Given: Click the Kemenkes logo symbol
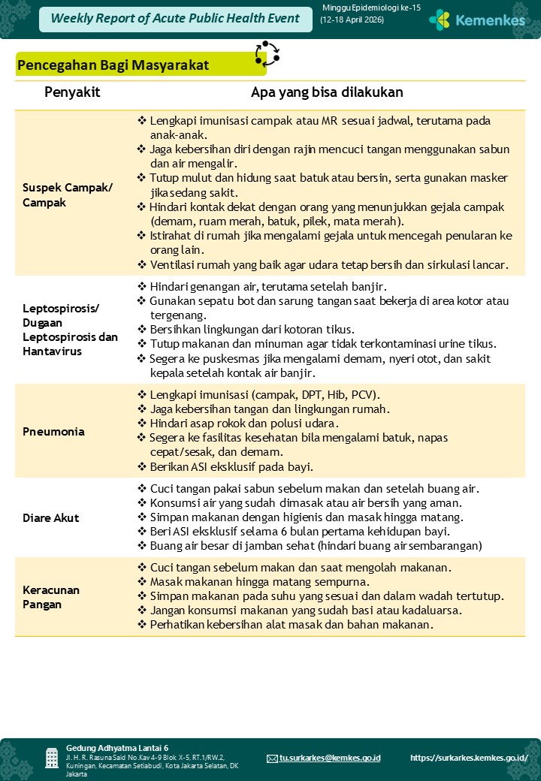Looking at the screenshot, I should coord(440,20).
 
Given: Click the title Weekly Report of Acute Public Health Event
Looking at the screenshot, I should coord(175,19).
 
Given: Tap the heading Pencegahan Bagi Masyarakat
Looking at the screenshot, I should coord(113,65).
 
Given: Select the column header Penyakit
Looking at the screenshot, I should coord(72,92).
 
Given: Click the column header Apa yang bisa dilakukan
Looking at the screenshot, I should coord(327,92).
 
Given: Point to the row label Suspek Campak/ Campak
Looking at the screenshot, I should coord(68,195).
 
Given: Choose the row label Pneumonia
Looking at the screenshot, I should coord(53,432).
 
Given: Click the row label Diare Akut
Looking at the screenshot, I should coord(51,518).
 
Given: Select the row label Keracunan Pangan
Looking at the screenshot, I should coord(51,597).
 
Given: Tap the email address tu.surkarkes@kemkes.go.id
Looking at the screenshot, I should coord(330,758).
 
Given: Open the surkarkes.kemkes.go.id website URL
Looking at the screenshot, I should coord(469,758).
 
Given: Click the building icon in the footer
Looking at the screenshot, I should coord(52,758).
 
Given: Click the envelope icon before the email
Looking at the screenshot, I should coord(272,758).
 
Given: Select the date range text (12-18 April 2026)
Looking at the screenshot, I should coord(352,20).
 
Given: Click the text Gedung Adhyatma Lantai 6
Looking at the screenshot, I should coord(117,748).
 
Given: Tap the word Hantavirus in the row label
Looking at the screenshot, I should coord(53,351).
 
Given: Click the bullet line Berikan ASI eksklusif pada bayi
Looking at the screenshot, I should coord(231,466).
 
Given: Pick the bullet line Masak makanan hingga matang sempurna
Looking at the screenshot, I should coord(259,582).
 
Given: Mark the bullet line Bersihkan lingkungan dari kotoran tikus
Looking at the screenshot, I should coord(252,330).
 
